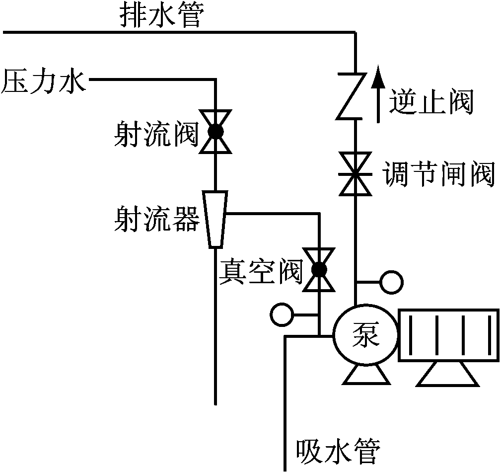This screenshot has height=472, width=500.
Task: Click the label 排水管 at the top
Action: click(x=162, y=15)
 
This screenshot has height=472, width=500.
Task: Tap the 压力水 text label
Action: click(x=44, y=81)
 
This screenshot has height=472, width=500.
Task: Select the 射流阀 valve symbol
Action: click(x=215, y=132)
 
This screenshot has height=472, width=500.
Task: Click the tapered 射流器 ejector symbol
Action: click(x=215, y=219)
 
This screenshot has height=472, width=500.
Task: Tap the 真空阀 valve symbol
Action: click(x=319, y=270)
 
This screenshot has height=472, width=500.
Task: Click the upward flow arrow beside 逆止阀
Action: click(x=378, y=93)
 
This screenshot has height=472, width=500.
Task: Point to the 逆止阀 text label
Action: click(x=431, y=101)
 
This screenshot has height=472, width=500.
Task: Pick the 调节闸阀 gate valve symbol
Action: click(x=355, y=174)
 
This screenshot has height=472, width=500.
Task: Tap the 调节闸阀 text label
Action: click(x=439, y=174)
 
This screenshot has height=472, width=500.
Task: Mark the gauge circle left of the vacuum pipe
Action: click(x=282, y=315)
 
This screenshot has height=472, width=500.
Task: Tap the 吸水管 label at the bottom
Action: click(x=339, y=452)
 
